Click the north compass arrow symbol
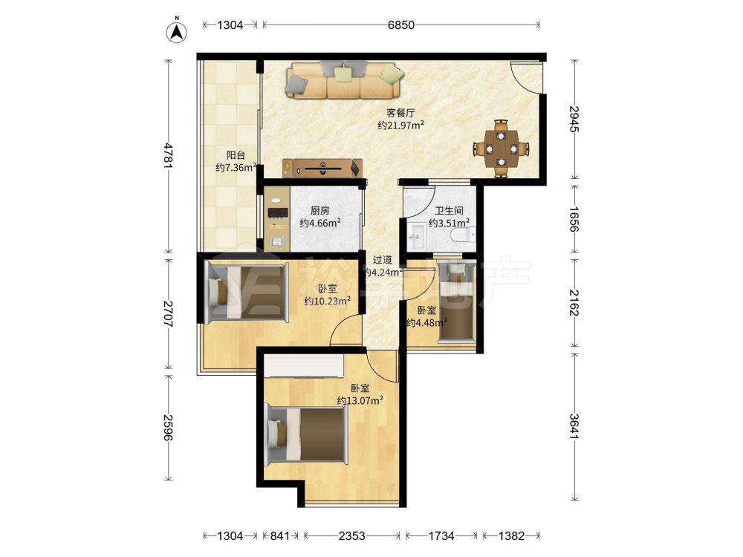pyautogui.click(x=177, y=30)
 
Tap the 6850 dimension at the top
pyautogui.click(x=401, y=25)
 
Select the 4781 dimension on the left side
pyautogui.click(x=168, y=155)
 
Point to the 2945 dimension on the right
pyautogui.click(x=574, y=120)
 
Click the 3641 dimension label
pyautogui.click(x=574, y=427)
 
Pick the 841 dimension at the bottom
pyautogui.click(x=280, y=535)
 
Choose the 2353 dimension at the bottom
pyautogui.click(x=351, y=535)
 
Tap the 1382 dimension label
pyautogui.click(x=512, y=535)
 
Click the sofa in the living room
pyautogui.click(x=345, y=80)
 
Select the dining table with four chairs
pyautogui.click(x=502, y=149)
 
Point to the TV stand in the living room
pyautogui.click(x=322, y=168)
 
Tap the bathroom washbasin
pyautogui.click(x=418, y=235)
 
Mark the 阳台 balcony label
pyautogui.click(x=236, y=155)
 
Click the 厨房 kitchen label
pyautogui.click(x=319, y=211)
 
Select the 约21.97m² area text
pyautogui.click(x=400, y=125)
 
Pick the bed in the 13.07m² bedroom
pyautogui.click(x=307, y=434)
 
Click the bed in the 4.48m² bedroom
pyautogui.click(x=456, y=301)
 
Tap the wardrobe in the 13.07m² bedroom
pyautogui.click(x=304, y=367)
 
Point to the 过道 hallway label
pyautogui.click(x=383, y=259)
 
